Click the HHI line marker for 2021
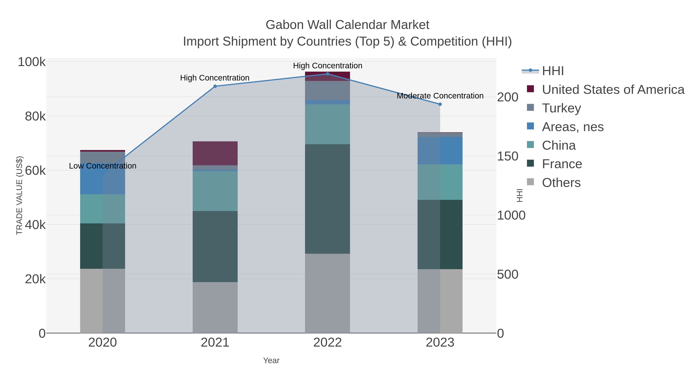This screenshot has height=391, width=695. [x=215, y=86]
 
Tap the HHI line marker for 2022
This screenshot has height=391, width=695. [x=328, y=74]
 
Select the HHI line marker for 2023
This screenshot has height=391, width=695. [x=440, y=104]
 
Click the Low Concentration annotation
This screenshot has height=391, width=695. [x=103, y=166]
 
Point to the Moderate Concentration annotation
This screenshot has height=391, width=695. [x=440, y=96]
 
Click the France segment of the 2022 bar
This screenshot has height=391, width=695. [x=328, y=199]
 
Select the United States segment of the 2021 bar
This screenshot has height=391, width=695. [x=215, y=153]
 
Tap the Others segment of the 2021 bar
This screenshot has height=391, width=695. [x=215, y=308]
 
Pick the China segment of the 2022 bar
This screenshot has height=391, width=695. [x=328, y=124]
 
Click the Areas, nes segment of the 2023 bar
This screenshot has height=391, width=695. [x=440, y=151]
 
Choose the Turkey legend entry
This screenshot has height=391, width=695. [x=561, y=108]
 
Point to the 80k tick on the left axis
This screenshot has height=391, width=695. [x=35, y=117]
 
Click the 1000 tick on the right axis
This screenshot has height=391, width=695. [x=511, y=215]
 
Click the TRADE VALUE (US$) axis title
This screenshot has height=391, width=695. [x=19, y=195]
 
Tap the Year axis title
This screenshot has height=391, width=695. [x=271, y=360]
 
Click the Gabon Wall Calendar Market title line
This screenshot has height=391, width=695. [x=347, y=25]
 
